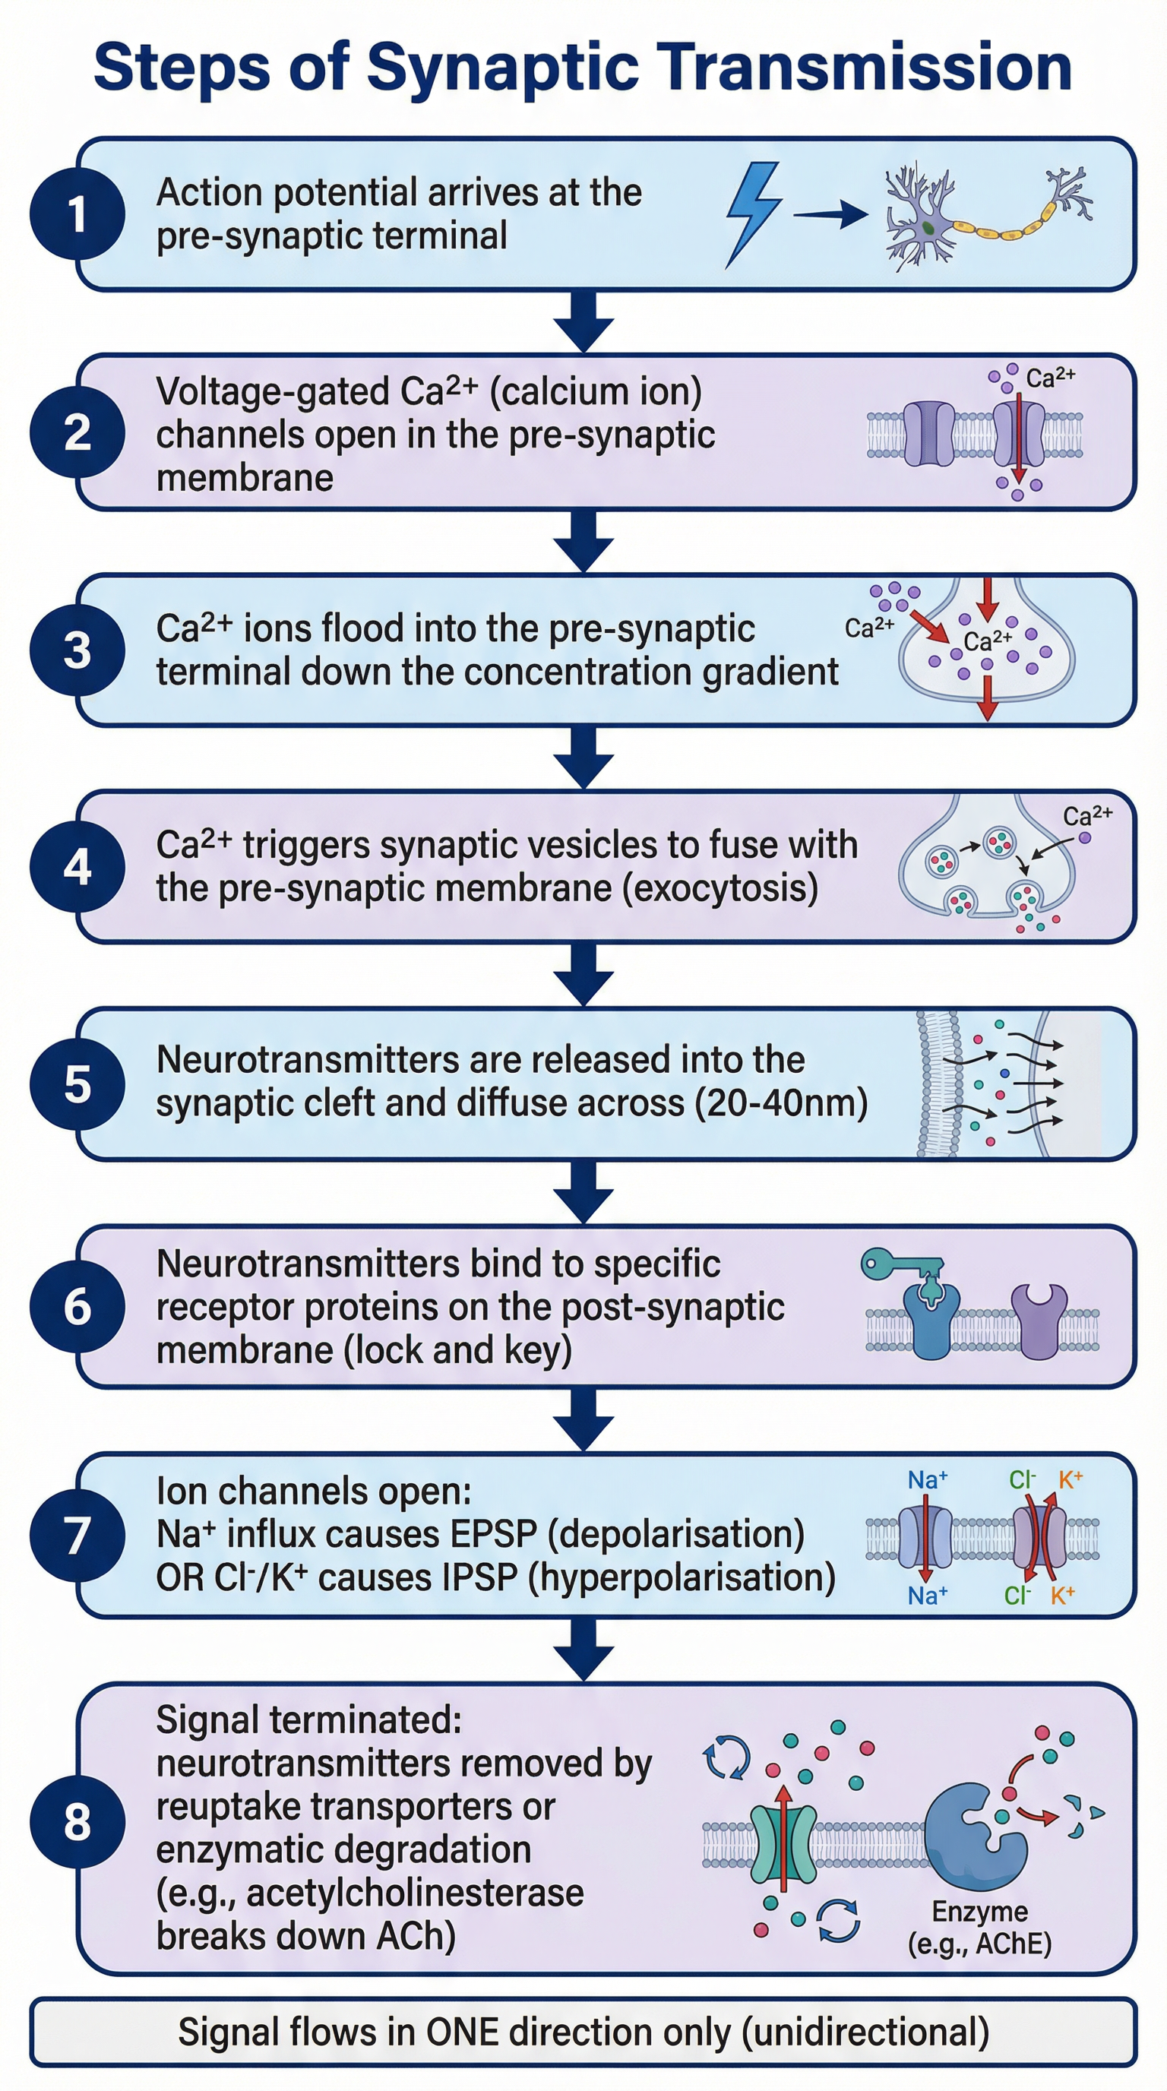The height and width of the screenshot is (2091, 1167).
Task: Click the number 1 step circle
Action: point(77,214)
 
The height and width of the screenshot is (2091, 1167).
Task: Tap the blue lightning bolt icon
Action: point(752,214)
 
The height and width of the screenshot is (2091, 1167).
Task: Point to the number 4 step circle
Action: point(77,867)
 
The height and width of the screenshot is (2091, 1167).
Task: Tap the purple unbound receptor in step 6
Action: point(1039,1319)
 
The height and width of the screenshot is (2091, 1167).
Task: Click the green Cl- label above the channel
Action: point(1022,1480)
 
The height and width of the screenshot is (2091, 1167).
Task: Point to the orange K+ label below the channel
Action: point(1062,1596)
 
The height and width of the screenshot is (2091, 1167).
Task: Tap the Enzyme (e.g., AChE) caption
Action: point(979,1927)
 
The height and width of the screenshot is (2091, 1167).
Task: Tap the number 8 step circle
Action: point(77,1821)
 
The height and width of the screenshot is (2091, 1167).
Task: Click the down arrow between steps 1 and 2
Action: point(583,321)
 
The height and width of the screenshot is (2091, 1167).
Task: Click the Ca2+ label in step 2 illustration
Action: point(1050,378)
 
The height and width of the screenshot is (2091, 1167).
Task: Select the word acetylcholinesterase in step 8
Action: point(415,1893)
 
